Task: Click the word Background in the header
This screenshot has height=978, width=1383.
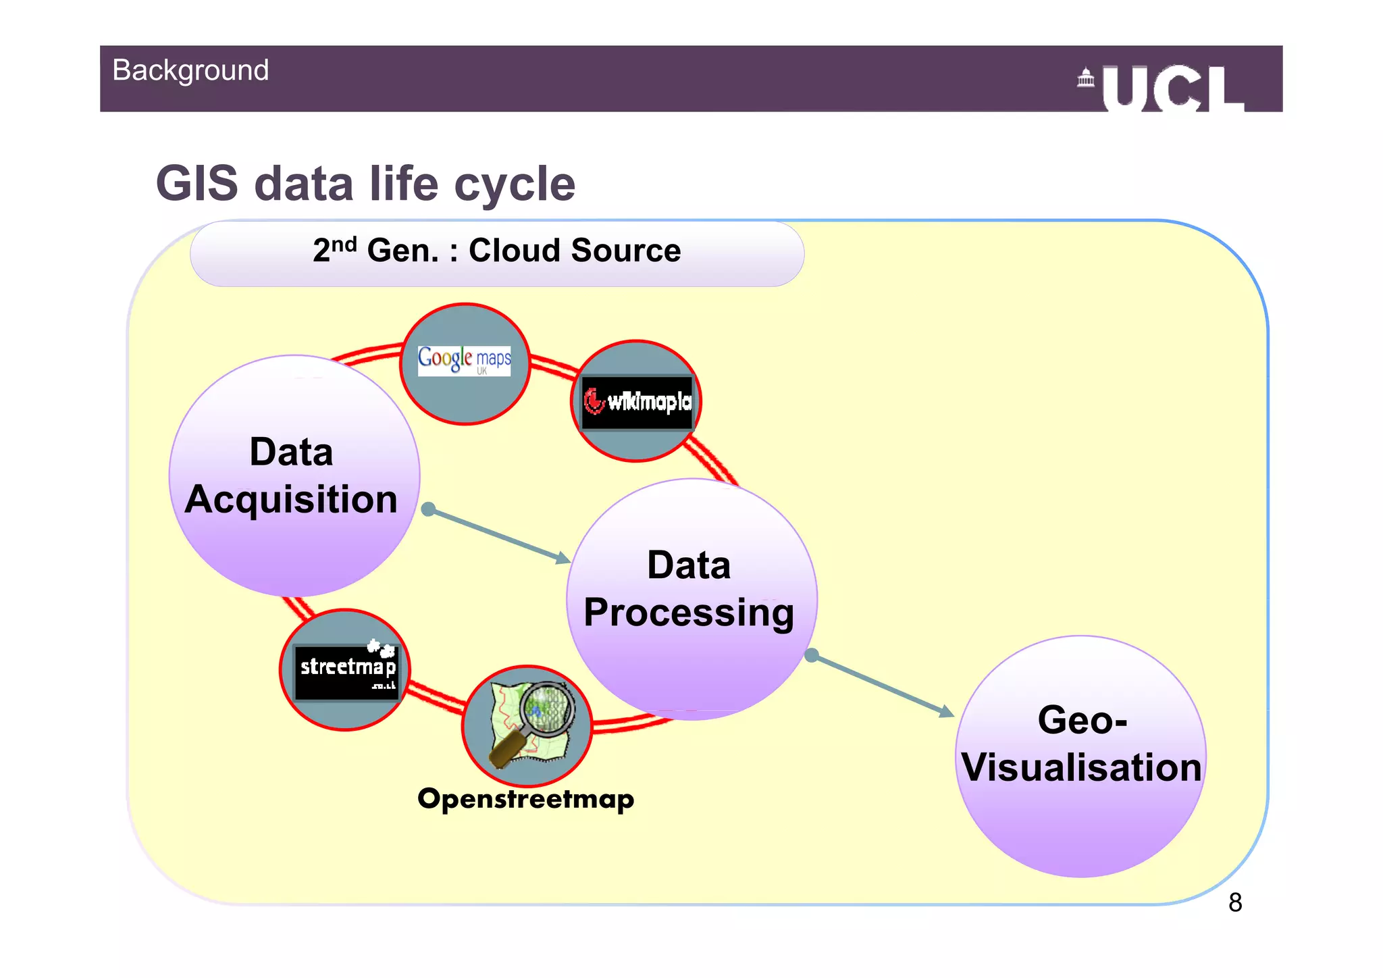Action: (x=190, y=70)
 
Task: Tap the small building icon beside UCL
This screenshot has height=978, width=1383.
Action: (x=1086, y=78)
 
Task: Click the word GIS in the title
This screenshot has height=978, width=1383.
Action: (x=197, y=184)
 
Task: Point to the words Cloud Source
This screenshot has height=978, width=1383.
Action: (x=575, y=251)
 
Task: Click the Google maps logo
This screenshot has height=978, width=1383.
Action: (x=465, y=359)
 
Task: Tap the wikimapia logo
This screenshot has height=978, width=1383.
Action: (x=637, y=402)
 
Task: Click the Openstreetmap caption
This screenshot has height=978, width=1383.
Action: (x=525, y=799)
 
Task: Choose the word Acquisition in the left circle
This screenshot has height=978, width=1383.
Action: (x=291, y=500)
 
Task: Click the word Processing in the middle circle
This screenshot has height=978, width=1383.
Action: (x=689, y=613)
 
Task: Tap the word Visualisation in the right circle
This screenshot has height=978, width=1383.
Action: (x=1081, y=768)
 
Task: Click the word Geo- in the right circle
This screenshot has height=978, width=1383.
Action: (x=1082, y=720)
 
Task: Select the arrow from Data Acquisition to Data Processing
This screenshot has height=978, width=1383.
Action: (x=500, y=536)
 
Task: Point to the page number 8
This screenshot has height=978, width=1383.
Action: (x=1235, y=902)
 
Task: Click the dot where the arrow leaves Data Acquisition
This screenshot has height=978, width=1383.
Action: (x=428, y=509)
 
